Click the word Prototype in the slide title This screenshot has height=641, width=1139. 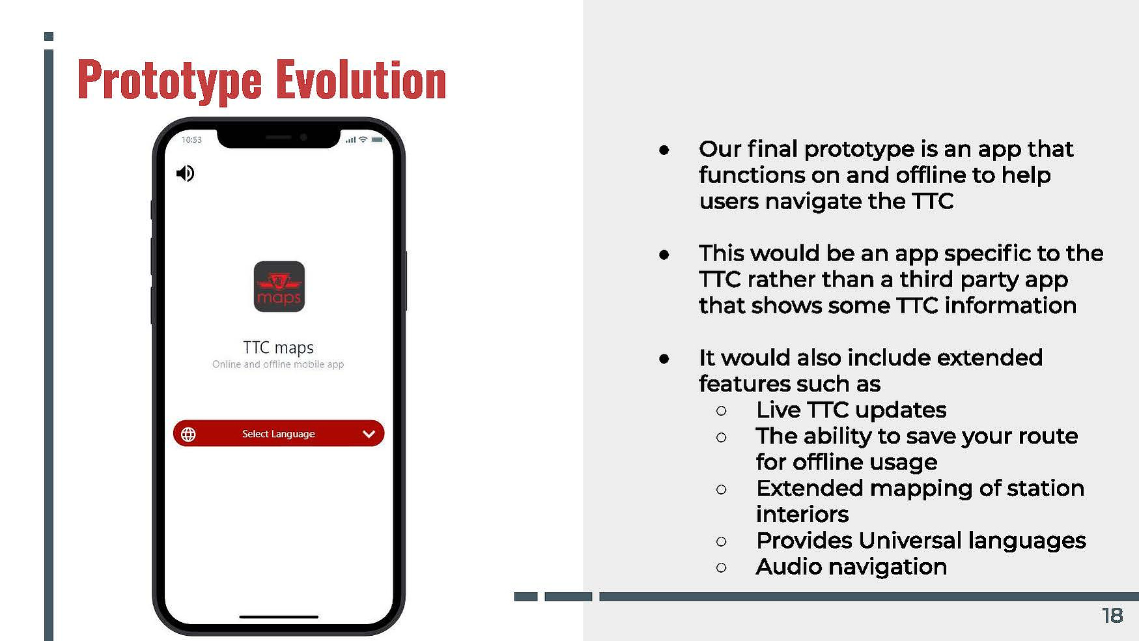pos(169,81)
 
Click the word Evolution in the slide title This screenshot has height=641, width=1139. pos(361,79)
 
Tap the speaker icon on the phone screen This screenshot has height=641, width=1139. pos(185,173)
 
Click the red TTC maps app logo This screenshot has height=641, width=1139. pos(279,287)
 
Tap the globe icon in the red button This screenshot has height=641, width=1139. pos(188,434)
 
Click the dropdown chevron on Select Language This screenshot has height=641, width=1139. pos(369,434)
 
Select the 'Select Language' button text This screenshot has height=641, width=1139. pos(279,434)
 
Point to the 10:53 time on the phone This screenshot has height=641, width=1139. pos(191,139)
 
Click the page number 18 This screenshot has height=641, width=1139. pos(1112,616)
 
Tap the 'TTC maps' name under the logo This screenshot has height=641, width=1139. pos(278,347)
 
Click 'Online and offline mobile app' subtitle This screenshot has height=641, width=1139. pos(278,364)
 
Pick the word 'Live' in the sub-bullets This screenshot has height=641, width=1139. pos(778,410)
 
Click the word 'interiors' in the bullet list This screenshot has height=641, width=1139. pos(802,514)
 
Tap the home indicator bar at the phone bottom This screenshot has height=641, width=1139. pos(279,617)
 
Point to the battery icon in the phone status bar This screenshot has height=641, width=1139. pos(377,140)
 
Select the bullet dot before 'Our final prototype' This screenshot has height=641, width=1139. pos(664,150)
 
